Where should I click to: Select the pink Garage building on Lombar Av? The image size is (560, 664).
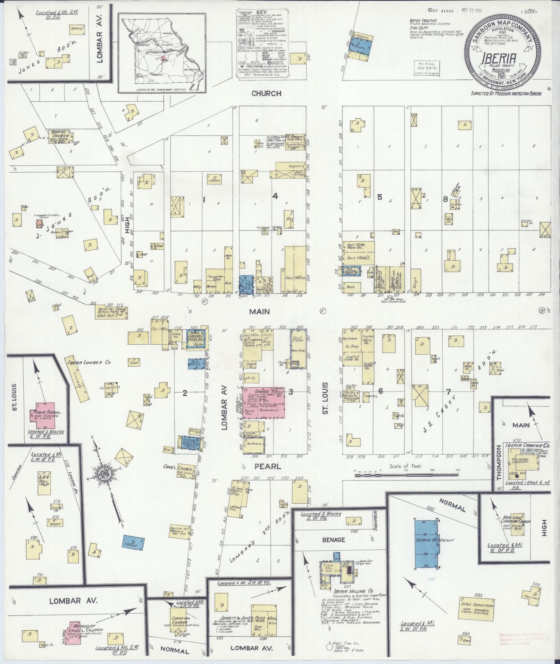[264, 403]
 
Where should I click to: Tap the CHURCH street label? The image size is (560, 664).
[266, 93]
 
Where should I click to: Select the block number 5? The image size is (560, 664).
[379, 197]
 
